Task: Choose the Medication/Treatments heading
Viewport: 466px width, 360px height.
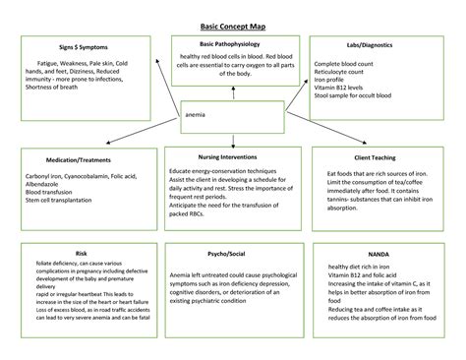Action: point(78,159)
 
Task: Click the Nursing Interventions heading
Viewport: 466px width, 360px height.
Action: point(233,156)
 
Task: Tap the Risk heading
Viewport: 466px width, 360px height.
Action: point(81,253)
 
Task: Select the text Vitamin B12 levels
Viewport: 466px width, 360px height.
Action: point(341,90)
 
